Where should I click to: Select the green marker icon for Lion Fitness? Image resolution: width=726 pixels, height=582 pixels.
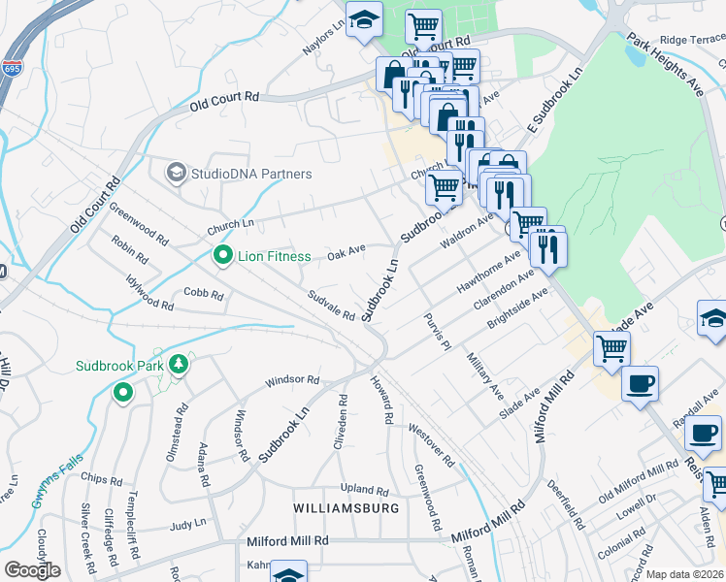(x=223, y=256)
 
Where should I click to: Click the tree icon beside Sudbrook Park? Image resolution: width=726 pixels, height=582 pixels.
(x=178, y=365)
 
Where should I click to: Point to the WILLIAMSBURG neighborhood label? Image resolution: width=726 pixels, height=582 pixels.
(x=346, y=508)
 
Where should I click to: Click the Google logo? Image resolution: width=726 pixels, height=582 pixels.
(x=32, y=570)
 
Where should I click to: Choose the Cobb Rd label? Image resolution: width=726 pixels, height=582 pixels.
(x=204, y=293)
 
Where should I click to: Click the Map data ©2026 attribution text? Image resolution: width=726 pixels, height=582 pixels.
(x=684, y=574)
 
